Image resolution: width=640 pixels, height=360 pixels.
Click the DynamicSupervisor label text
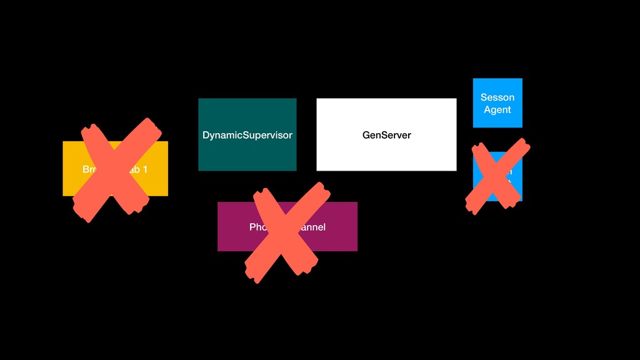pyautogui.click(x=247, y=135)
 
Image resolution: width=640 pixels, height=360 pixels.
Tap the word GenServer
pyautogui.click(x=386, y=135)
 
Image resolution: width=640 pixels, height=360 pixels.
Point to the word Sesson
pyautogui.click(x=497, y=97)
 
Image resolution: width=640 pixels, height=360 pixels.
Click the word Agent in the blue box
pyautogui.click(x=497, y=110)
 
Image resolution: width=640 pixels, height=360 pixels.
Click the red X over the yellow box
pyautogui.click(x=116, y=169)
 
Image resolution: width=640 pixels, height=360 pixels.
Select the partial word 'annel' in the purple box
pyautogui.click(x=312, y=227)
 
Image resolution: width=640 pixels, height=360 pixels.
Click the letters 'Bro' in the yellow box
pyautogui.click(x=89, y=169)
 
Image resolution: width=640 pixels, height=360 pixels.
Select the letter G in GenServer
pyautogui.click(x=366, y=135)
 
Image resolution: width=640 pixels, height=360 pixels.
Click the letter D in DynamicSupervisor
pyautogui.click(x=206, y=135)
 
